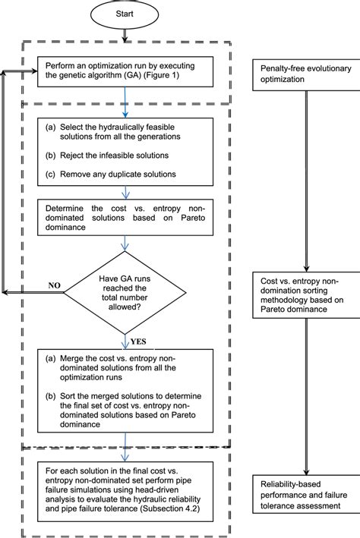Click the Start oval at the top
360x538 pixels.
pos(124,14)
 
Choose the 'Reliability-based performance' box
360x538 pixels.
pos(306,494)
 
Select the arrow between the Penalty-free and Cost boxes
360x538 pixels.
pos(306,182)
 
